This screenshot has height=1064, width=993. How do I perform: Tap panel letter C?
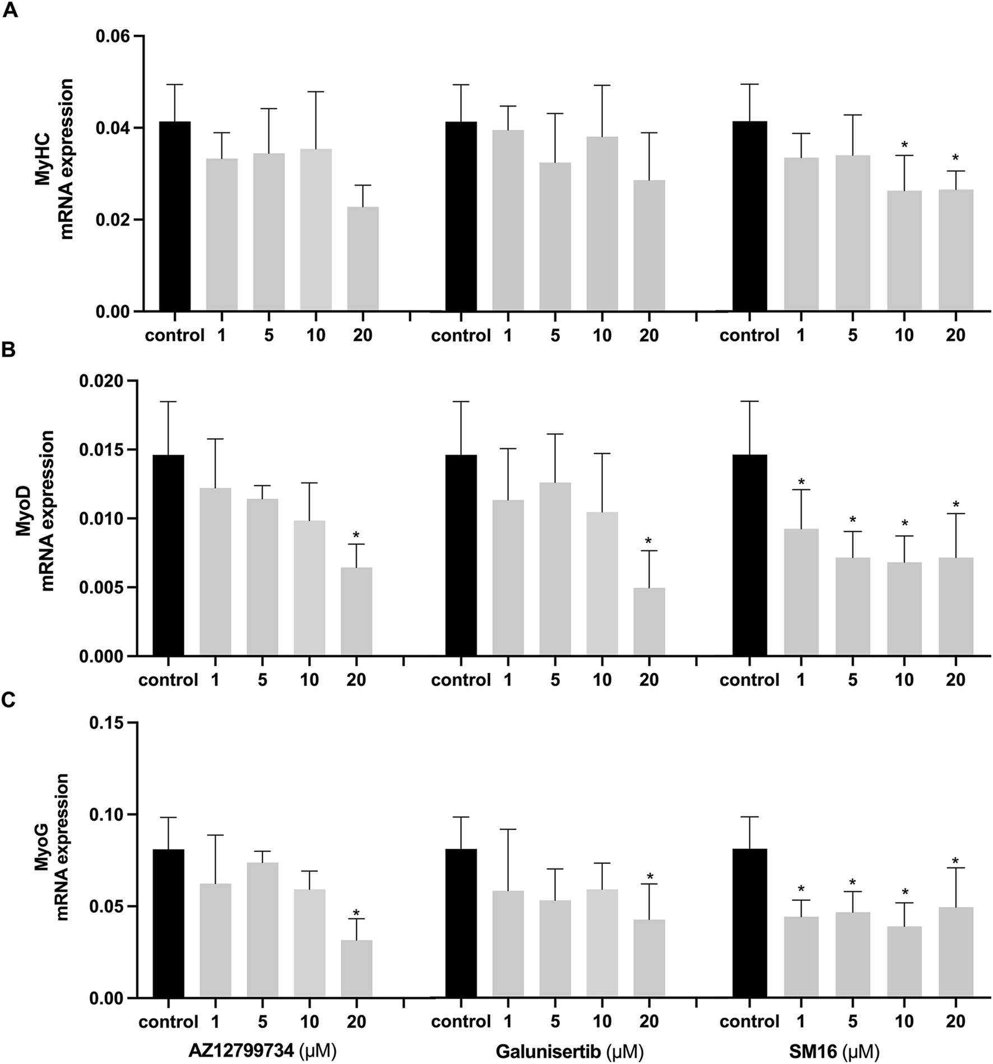11,702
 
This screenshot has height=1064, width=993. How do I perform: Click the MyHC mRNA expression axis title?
59,160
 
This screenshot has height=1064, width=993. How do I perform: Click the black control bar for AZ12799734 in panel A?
175,216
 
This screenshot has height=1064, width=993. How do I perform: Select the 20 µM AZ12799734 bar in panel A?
363,259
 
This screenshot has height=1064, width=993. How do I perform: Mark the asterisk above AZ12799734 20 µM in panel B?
356,534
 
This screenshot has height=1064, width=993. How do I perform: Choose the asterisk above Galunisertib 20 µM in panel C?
650,877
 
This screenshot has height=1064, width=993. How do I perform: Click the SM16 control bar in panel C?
750,923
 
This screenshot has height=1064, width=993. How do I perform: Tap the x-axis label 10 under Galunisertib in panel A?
602,336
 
